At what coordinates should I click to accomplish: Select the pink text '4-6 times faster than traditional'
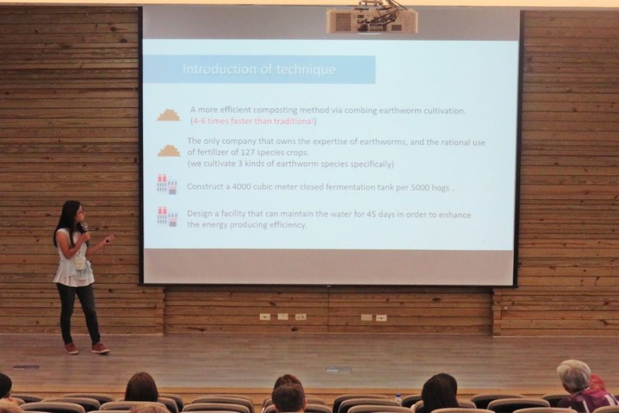(253, 121)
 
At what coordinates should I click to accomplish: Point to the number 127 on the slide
(248, 153)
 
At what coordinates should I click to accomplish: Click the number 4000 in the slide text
(241, 186)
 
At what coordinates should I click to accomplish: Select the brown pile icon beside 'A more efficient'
(168, 115)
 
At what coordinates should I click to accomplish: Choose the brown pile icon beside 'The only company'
(169, 150)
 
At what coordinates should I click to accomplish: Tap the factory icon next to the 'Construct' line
(167, 184)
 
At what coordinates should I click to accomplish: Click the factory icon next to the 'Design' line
(167, 217)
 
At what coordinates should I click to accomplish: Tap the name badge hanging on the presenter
(80, 264)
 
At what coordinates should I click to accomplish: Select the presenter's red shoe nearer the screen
(100, 348)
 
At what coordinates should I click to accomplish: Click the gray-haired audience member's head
(574, 375)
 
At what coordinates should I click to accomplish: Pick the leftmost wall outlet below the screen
(265, 317)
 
